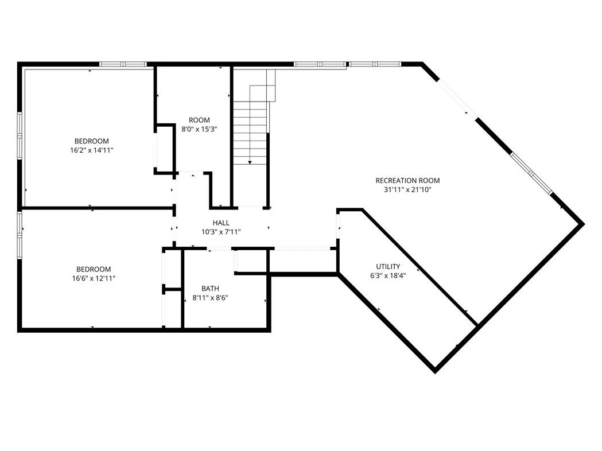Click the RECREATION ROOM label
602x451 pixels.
pyautogui.click(x=407, y=180)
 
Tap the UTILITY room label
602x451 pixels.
pyautogui.click(x=388, y=266)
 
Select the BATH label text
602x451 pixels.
pyautogui.click(x=211, y=288)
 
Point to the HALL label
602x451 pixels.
pyautogui.click(x=221, y=223)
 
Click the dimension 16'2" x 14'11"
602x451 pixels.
pyautogui.click(x=91, y=150)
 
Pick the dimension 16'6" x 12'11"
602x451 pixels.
pyautogui.click(x=94, y=278)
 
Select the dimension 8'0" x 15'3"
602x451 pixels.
pyautogui.click(x=199, y=129)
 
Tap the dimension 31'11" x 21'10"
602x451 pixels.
pyautogui.click(x=407, y=189)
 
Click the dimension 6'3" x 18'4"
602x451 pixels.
pyautogui.click(x=388, y=275)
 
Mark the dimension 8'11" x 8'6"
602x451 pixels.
pyautogui.click(x=211, y=297)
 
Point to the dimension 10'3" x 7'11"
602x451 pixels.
pyautogui.click(x=221, y=232)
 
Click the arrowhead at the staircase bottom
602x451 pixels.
pyautogui.click(x=250, y=163)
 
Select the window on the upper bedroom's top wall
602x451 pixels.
pyautogui.click(x=123, y=64)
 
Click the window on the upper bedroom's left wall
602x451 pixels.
pyautogui.click(x=19, y=135)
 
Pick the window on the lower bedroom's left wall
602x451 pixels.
pyautogui.click(x=19, y=236)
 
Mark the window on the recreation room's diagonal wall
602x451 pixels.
pyautogui.click(x=531, y=173)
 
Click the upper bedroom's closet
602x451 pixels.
pyautogui.click(x=164, y=149)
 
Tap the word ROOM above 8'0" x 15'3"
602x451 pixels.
pyautogui.click(x=199, y=120)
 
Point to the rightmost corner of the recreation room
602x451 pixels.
pyautogui.click(x=584, y=224)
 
